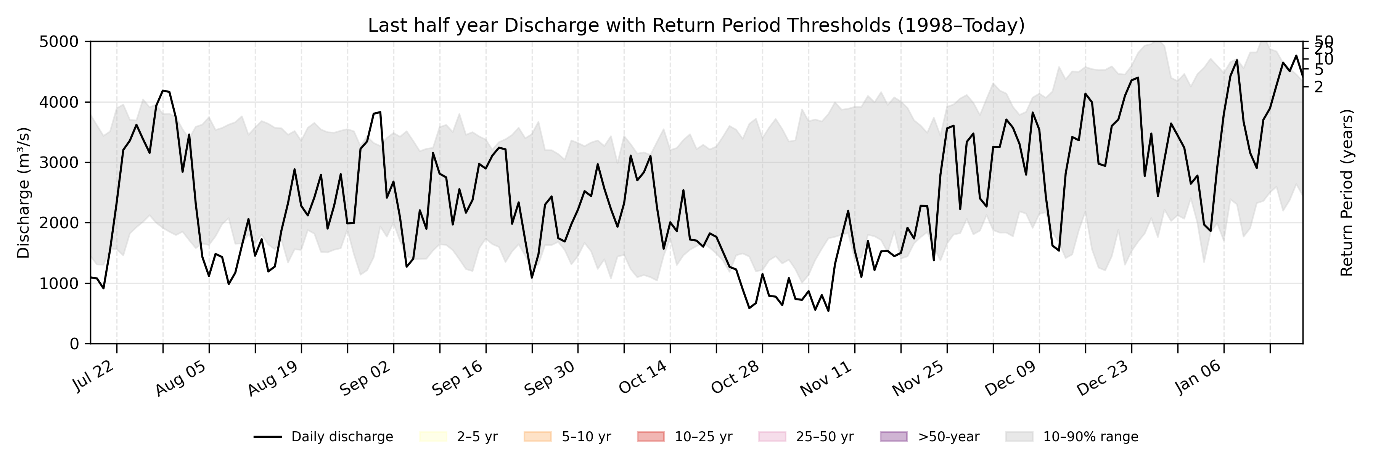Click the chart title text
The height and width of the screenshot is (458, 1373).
pos(696,26)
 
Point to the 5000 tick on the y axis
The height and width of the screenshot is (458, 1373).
pos(59,42)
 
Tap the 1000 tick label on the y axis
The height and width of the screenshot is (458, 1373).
pos(59,284)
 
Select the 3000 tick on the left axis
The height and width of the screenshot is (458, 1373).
pos(59,163)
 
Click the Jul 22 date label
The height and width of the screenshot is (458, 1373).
pos(94,376)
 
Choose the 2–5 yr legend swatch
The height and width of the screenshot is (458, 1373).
pos(433,437)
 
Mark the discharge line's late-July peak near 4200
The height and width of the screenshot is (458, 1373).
pos(163,90)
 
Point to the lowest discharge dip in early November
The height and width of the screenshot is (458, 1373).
pos(828,311)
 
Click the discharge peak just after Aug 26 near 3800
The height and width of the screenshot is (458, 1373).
pos(379,112)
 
